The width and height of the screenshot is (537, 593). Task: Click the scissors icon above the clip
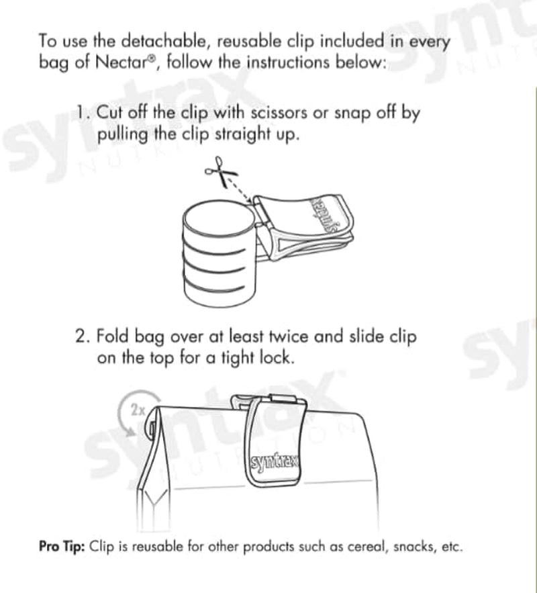[220, 171]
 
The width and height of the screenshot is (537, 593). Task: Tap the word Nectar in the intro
[121, 62]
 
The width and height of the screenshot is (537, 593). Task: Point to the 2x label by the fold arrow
[138, 410]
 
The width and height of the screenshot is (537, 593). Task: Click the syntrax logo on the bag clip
[275, 462]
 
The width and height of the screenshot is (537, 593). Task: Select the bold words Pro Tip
[62, 547]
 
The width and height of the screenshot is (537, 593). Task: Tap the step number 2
[83, 336]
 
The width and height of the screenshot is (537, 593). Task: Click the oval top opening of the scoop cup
[219, 220]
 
